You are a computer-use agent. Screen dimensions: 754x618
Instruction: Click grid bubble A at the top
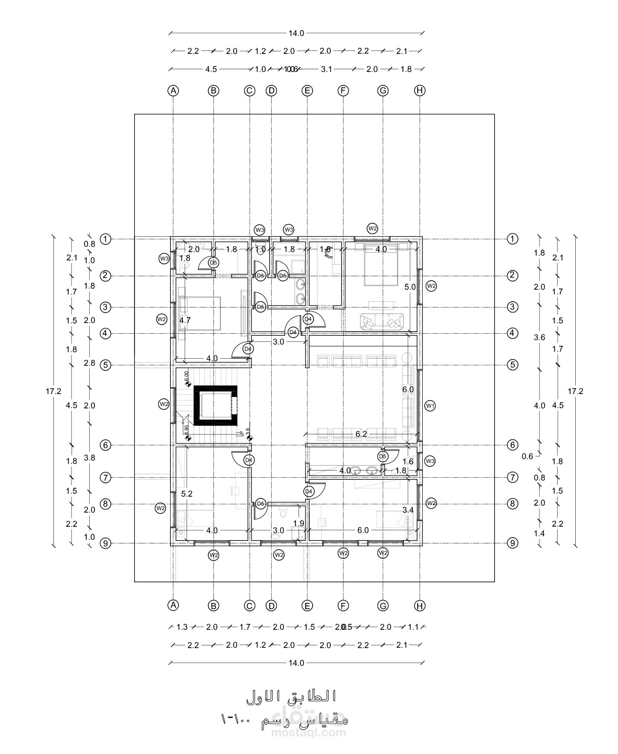pyautogui.click(x=173, y=91)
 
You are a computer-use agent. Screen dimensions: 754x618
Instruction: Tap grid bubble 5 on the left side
pyautogui.click(x=106, y=365)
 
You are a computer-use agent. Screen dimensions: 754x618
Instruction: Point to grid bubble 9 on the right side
pyautogui.click(x=512, y=543)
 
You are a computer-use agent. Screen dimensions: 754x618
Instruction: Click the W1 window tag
pyautogui.click(x=430, y=406)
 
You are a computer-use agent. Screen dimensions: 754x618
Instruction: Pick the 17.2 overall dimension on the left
pyautogui.click(x=53, y=391)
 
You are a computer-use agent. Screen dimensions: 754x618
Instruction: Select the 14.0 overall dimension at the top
pyautogui.click(x=296, y=33)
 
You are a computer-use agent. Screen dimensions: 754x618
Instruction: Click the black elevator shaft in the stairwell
pyautogui.click(x=215, y=405)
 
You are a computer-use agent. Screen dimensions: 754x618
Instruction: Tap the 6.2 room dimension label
pyautogui.click(x=361, y=434)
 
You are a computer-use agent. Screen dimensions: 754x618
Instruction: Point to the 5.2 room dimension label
pyautogui.click(x=187, y=494)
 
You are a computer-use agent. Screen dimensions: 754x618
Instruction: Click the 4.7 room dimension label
pyautogui.click(x=185, y=320)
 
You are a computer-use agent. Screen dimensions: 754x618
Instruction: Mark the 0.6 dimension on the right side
pyautogui.click(x=527, y=457)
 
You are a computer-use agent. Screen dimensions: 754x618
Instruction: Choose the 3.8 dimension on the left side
pyautogui.click(x=90, y=458)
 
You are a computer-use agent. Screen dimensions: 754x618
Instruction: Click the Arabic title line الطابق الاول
pyautogui.click(x=291, y=696)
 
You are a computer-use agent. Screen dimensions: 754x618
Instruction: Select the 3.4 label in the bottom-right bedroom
pyautogui.click(x=408, y=510)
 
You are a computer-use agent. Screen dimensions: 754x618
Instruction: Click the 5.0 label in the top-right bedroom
pyautogui.click(x=410, y=287)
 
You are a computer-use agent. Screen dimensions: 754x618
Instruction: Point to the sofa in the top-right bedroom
pyautogui.click(x=382, y=321)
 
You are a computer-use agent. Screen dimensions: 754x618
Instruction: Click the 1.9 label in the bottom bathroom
pyautogui.click(x=298, y=523)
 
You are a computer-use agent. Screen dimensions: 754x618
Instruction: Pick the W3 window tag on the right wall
pyautogui.click(x=430, y=461)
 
